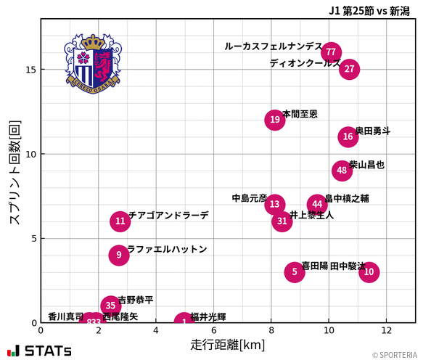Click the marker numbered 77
coord(331,52)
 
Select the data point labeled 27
coord(350,69)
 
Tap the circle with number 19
coord(274,120)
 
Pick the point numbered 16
coord(348,136)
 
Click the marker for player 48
coord(342,171)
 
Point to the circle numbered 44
coord(317,204)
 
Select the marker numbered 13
coord(274,204)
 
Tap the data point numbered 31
coord(282,221)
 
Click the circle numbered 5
coord(294,272)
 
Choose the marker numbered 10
coord(369,272)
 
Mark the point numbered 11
coord(120,221)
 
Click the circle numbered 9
coord(119,255)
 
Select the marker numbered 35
coord(110,306)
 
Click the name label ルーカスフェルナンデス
coord(273,46)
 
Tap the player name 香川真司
coord(65,316)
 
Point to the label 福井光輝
coord(208,316)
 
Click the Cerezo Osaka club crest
coord(92,63)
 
